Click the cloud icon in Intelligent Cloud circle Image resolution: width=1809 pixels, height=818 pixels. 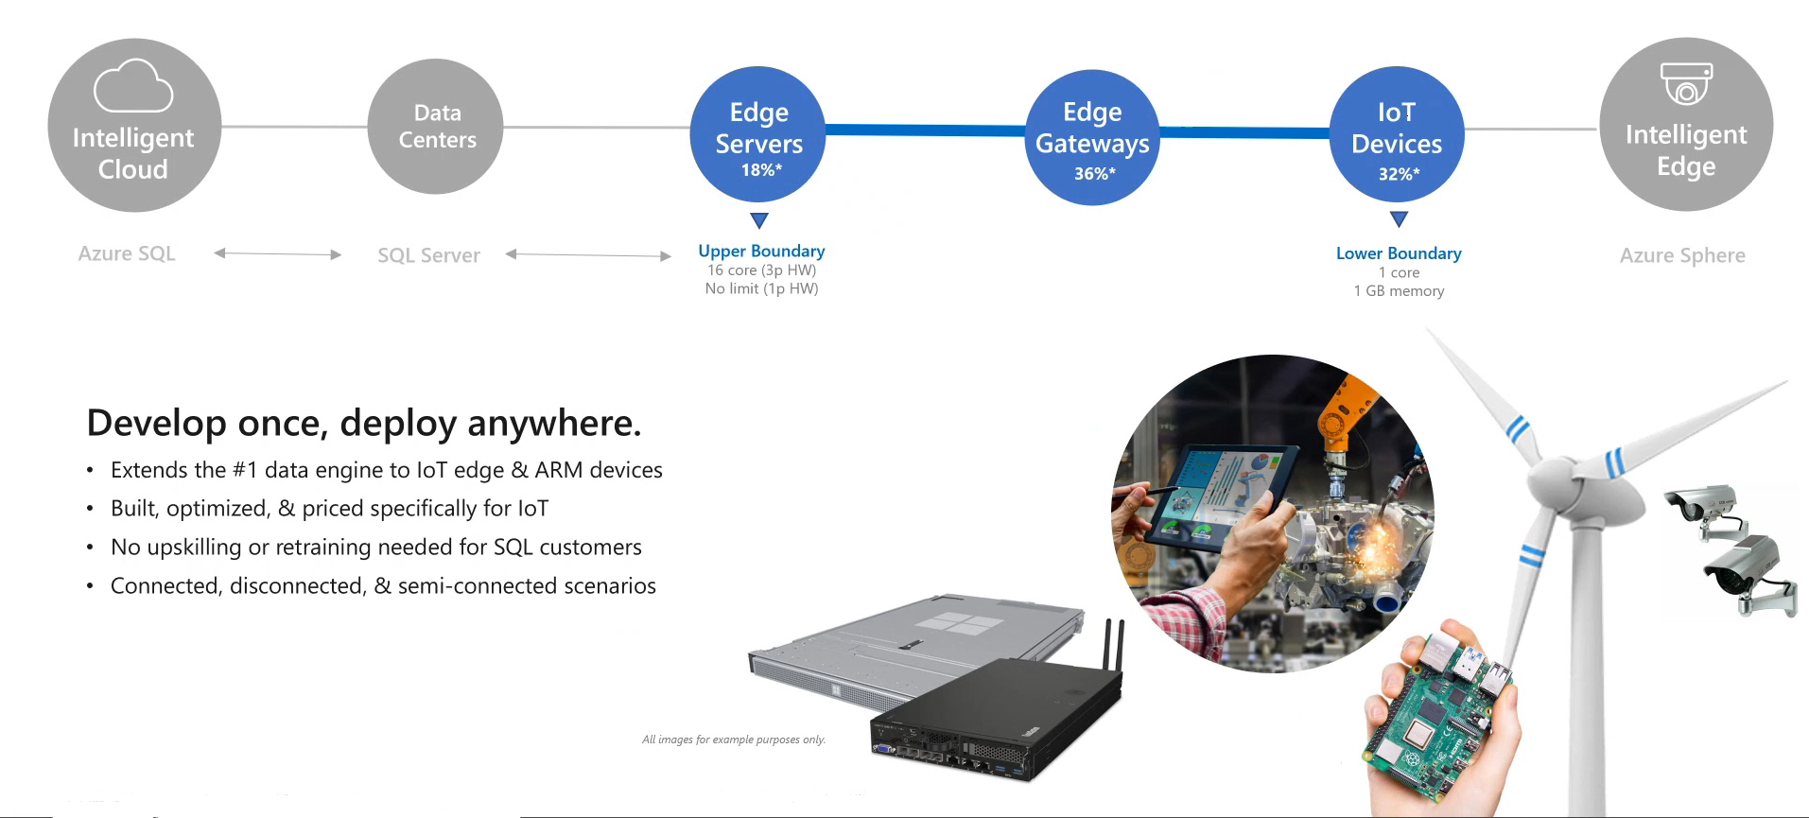tap(133, 86)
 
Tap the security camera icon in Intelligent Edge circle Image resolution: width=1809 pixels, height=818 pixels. tap(1686, 83)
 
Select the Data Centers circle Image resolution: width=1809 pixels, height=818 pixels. tap(435, 127)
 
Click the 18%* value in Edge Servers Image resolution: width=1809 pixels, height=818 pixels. tap(761, 170)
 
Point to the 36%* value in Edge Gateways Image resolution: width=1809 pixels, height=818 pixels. tap(1095, 174)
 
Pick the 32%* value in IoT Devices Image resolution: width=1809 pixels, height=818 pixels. tap(1400, 174)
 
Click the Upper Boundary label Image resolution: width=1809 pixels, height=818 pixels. tap(761, 251)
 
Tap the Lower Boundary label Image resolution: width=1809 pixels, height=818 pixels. tap(1399, 253)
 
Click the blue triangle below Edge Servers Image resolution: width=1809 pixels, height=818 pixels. tap(759, 220)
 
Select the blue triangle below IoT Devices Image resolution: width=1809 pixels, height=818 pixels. tap(1400, 219)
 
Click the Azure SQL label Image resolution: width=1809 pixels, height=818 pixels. tap(127, 253)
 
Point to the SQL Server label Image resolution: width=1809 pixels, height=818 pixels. tap(428, 255)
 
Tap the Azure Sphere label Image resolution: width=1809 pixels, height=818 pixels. tap(1682, 255)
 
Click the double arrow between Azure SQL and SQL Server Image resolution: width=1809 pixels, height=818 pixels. tap(278, 253)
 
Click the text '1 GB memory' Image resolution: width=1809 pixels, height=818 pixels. tap(1399, 291)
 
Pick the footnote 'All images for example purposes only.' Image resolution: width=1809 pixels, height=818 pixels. tap(734, 740)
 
